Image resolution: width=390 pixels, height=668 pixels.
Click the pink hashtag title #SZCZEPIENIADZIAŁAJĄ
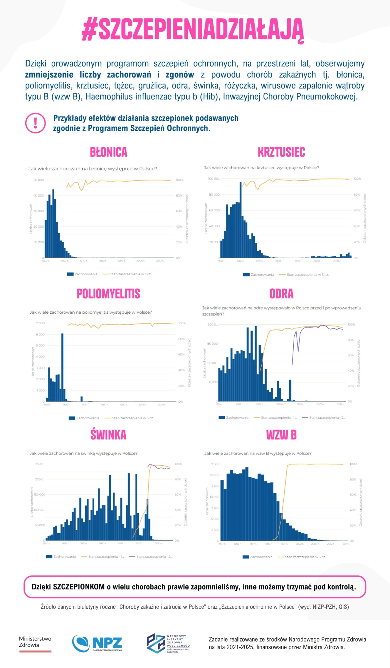click(193, 30)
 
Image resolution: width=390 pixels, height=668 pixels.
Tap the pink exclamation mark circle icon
click(35, 123)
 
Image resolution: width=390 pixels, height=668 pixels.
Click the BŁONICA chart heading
click(108, 152)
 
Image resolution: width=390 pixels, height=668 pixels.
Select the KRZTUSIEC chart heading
click(281, 152)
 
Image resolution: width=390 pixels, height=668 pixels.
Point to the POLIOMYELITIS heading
click(108, 294)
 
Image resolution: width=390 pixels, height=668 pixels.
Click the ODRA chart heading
click(281, 294)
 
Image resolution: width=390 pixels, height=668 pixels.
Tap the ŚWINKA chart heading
click(108, 435)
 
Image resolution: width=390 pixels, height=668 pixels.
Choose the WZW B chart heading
click(281, 435)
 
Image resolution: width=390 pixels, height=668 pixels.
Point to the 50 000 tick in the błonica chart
click(39, 180)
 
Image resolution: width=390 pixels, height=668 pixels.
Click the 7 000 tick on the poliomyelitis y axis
click(40, 323)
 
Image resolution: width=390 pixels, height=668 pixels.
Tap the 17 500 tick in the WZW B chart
click(215, 464)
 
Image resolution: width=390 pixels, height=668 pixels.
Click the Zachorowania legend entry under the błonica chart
click(82, 274)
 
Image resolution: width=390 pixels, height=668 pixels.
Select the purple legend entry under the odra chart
click(324, 417)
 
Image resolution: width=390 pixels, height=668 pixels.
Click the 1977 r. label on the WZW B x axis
click(222, 544)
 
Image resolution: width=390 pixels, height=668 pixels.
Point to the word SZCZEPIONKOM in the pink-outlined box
click(79, 587)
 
